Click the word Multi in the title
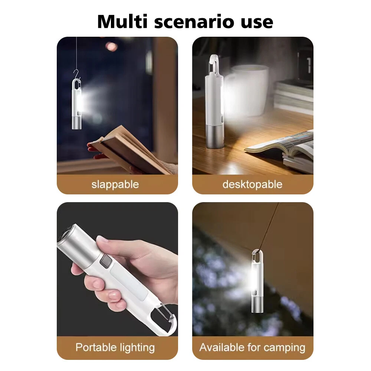(122, 22)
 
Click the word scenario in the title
(194, 22)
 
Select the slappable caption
(115, 184)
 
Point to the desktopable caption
(252, 184)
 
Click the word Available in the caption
(222, 347)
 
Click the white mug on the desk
(249, 91)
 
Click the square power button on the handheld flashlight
(106, 262)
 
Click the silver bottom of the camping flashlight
(256, 303)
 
